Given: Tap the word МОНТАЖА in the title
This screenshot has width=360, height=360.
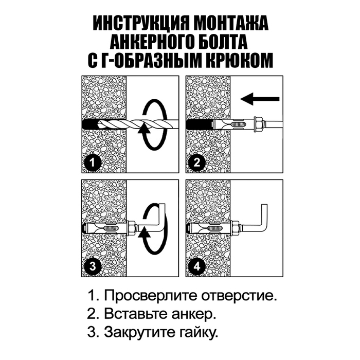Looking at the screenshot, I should (227, 24).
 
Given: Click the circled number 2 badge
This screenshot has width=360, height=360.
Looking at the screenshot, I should (196, 164).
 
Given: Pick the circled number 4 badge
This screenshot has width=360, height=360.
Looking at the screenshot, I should (196, 266).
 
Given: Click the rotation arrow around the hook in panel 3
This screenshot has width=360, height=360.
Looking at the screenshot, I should (154, 226).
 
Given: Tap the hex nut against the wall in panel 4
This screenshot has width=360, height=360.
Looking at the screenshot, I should (235, 227).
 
